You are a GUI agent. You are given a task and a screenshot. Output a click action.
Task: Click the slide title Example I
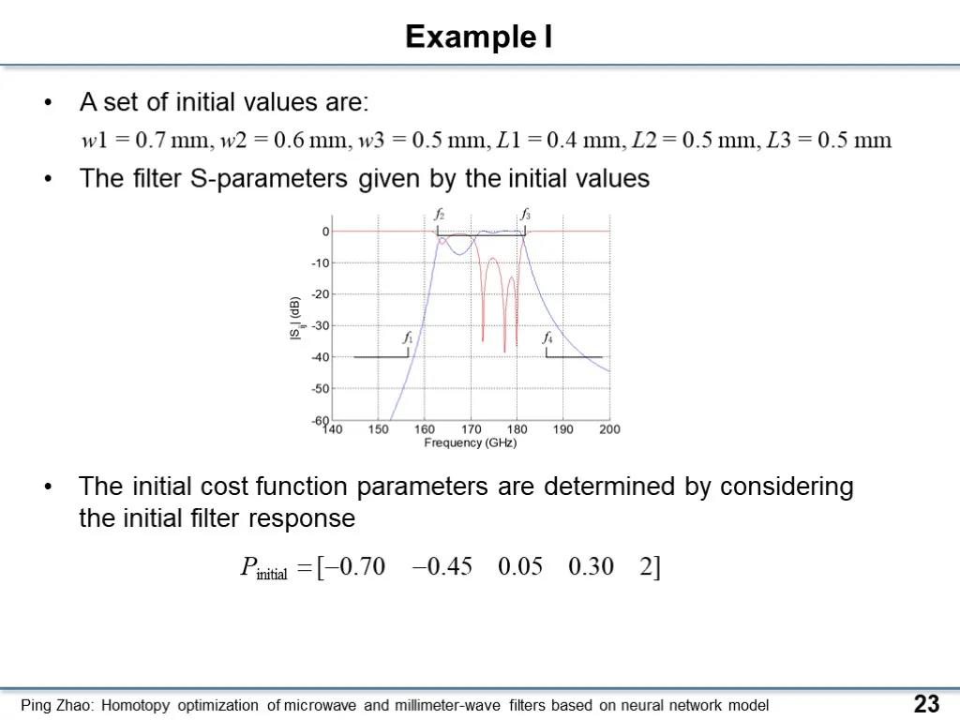click(479, 37)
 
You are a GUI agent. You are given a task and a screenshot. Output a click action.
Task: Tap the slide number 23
click(926, 703)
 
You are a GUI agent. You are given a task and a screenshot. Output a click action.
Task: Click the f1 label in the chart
click(408, 337)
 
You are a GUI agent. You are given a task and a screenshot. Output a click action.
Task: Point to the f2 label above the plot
click(439, 215)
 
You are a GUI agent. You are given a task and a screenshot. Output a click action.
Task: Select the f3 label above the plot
click(525, 215)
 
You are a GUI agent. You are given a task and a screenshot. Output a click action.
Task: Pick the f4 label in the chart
click(547, 337)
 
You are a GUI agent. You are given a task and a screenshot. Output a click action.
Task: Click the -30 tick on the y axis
click(321, 325)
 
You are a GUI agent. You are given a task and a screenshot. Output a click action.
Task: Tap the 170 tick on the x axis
click(471, 429)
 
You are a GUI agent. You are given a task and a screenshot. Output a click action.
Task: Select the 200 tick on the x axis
click(609, 429)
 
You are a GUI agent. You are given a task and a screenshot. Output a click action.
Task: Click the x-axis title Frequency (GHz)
click(471, 442)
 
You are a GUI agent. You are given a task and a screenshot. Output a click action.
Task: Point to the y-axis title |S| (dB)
click(295, 318)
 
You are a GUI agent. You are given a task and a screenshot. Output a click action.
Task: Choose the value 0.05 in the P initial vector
click(519, 566)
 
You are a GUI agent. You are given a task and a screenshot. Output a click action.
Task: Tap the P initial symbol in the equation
click(263, 568)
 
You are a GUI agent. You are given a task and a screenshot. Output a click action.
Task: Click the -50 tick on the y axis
click(321, 388)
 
